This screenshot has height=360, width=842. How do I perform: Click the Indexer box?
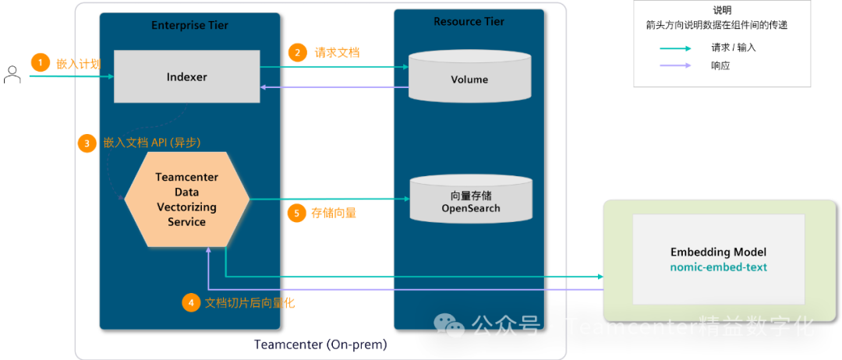pyautogui.click(x=186, y=76)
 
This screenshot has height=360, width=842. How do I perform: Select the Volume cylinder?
pyautogui.click(x=469, y=79)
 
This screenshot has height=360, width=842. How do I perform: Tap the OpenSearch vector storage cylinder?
pyautogui.click(x=471, y=201)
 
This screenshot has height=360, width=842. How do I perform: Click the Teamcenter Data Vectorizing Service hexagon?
pyautogui.click(x=187, y=199)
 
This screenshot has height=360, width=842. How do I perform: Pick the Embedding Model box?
pyautogui.click(x=718, y=259)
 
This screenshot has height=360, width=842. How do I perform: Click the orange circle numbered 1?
pyautogui.click(x=40, y=63)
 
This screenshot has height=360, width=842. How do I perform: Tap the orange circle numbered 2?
pyautogui.click(x=297, y=53)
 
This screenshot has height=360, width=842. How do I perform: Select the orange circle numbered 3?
pyautogui.click(x=87, y=143)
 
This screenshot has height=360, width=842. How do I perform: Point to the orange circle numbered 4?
pyautogui.click(x=191, y=303)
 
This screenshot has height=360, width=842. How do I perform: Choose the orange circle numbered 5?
pyautogui.click(x=296, y=213)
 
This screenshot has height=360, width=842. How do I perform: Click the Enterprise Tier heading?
pyautogui.click(x=189, y=26)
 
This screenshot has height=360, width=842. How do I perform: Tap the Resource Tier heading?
pyautogui.click(x=469, y=22)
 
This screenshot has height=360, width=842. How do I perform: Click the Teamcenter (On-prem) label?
pyautogui.click(x=320, y=344)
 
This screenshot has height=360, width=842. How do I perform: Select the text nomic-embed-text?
pyautogui.click(x=718, y=267)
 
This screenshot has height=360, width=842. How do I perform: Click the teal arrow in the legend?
pyautogui.click(x=674, y=48)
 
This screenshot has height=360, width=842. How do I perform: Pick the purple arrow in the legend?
pyautogui.click(x=674, y=65)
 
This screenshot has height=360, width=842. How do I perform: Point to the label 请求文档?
pyautogui.click(x=337, y=53)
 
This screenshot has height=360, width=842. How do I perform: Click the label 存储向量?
pyautogui.click(x=334, y=213)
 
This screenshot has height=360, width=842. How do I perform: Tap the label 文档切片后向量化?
pyautogui.click(x=249, y=303)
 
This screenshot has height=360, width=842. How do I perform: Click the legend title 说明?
pyautogui.click(x=723, y=10)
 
